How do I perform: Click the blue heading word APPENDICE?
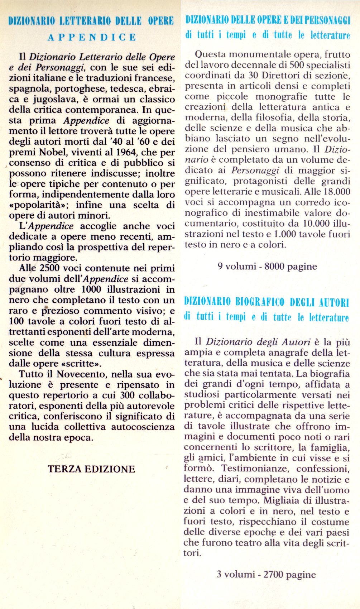[92, 37]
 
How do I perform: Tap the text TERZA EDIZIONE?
[91, 469]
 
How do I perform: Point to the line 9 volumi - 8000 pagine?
[267, 266]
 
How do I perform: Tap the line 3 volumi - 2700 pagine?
[266, 575]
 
